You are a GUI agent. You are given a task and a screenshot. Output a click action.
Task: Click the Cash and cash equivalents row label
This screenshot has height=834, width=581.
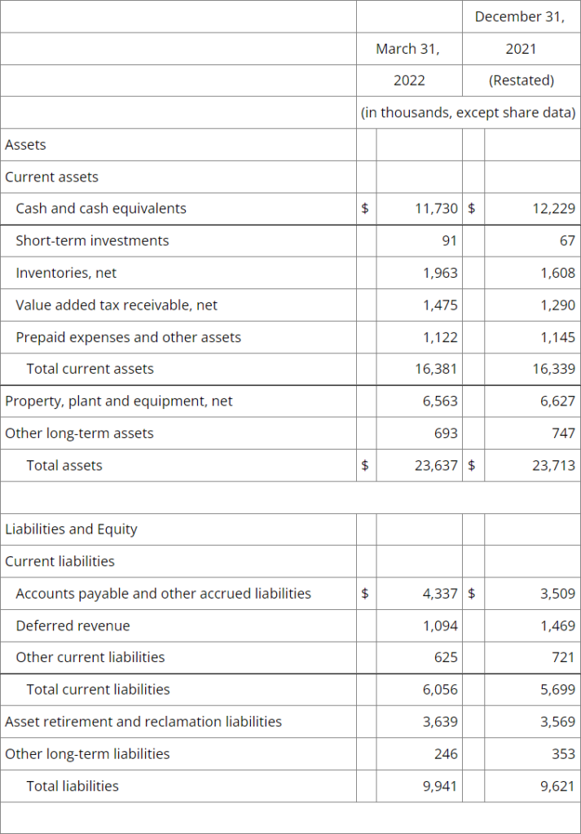coord(101,208)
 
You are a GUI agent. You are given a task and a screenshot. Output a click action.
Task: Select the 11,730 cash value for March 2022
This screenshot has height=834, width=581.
coord(436,208)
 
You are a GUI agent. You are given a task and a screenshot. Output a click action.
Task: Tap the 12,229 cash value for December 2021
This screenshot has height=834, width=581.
coord(553,208)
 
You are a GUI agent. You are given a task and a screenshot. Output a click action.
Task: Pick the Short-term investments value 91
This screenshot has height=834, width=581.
coord(449,240)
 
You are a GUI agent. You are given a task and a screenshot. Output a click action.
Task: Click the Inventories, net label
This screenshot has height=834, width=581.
coord(66,273)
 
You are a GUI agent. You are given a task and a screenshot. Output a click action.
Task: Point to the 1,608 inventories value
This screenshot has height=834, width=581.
coord(557,273)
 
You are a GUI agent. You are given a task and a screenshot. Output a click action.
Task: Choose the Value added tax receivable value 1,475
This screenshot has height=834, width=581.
coord(440,305)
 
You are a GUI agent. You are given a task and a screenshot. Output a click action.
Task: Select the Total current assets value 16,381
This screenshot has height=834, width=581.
coord(436,369)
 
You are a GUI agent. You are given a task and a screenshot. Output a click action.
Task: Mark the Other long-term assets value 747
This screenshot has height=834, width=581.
coord(563,433)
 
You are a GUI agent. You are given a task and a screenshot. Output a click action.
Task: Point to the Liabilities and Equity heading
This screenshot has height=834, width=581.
coord(71,529)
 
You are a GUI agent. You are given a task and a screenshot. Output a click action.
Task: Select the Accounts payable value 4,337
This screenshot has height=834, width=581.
coord(440,594)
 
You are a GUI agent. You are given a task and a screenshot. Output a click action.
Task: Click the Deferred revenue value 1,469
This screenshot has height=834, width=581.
coord(557,625)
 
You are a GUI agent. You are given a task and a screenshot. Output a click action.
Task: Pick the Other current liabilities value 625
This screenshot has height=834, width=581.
coord(446,657)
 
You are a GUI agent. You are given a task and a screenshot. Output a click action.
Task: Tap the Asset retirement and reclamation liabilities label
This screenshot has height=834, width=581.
coord(143,722)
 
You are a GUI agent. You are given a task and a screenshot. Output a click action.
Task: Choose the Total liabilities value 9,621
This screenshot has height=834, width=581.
coord(557,786)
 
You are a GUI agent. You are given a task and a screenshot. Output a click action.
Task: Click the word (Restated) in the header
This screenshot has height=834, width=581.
coord(522,81)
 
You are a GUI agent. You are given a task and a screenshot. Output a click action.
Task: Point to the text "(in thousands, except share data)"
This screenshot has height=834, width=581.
coord(468,112)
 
